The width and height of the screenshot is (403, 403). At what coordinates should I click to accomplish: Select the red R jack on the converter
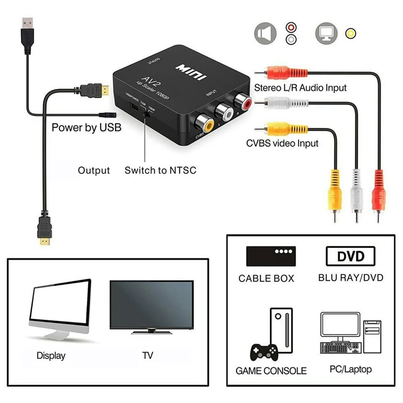(x=244, y=101)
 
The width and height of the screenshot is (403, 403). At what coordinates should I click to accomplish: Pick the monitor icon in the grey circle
(x=326, y=33)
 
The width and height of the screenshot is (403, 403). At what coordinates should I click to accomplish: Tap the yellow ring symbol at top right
(x=351, y=33)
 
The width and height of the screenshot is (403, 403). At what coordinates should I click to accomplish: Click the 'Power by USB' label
(x=86, y=128)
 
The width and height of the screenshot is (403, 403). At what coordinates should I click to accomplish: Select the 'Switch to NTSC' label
(x=160, y=170)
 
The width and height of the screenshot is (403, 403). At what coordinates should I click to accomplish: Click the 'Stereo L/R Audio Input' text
(x=300, y=87)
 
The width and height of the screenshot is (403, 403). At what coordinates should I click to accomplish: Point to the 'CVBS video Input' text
(x=283, y=143)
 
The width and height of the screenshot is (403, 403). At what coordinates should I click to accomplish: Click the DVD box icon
(x=350, y=256)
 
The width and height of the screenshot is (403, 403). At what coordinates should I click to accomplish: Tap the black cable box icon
(x=271, y=256)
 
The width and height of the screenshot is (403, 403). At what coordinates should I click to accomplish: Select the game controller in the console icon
(x=264, y=353)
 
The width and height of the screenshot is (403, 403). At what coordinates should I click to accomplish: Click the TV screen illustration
(x=151, y=304)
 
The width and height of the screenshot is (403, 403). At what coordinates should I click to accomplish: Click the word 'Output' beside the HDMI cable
(x=94, y=170)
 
